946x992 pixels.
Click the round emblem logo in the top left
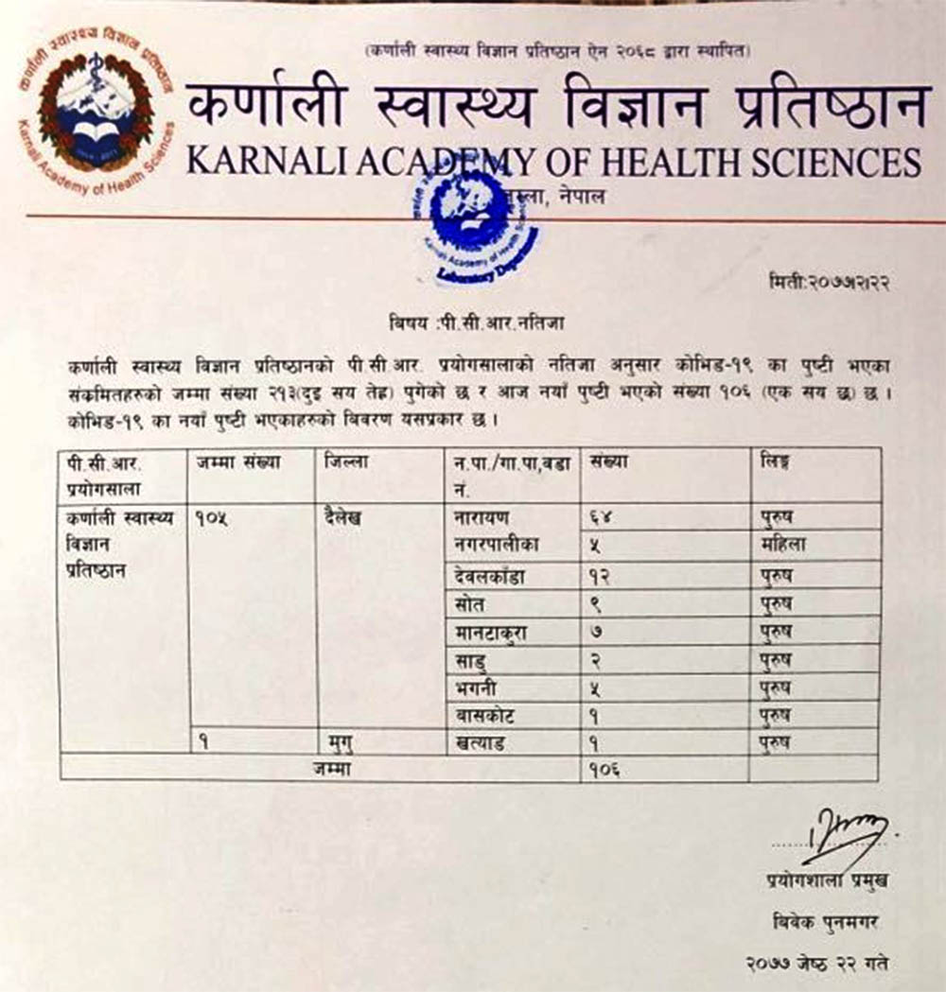click(x=93, y=114)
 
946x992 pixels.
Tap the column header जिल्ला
click(x=345, y=463)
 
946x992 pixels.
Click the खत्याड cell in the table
click(x=482, y=742)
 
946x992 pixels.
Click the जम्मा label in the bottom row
click(x=333, y=768)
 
